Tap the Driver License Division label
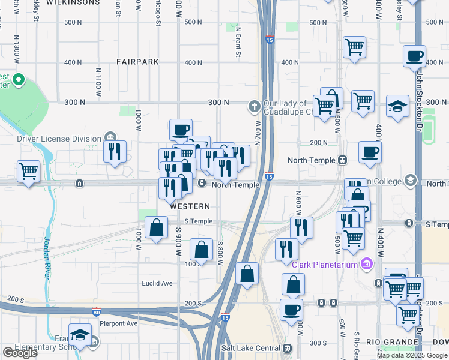coord(59,139)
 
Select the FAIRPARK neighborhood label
coord(137,61)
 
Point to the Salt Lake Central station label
coord(250,348)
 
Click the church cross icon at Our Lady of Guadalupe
coord(255,107)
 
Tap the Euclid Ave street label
coord(157,283)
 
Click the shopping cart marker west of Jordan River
coord(28,171)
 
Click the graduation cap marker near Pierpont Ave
coord(79,335)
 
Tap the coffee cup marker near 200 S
coord(291,310)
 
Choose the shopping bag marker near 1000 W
coord(156,227)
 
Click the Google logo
coord(20,353)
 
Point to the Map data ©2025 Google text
coord(412,355)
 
